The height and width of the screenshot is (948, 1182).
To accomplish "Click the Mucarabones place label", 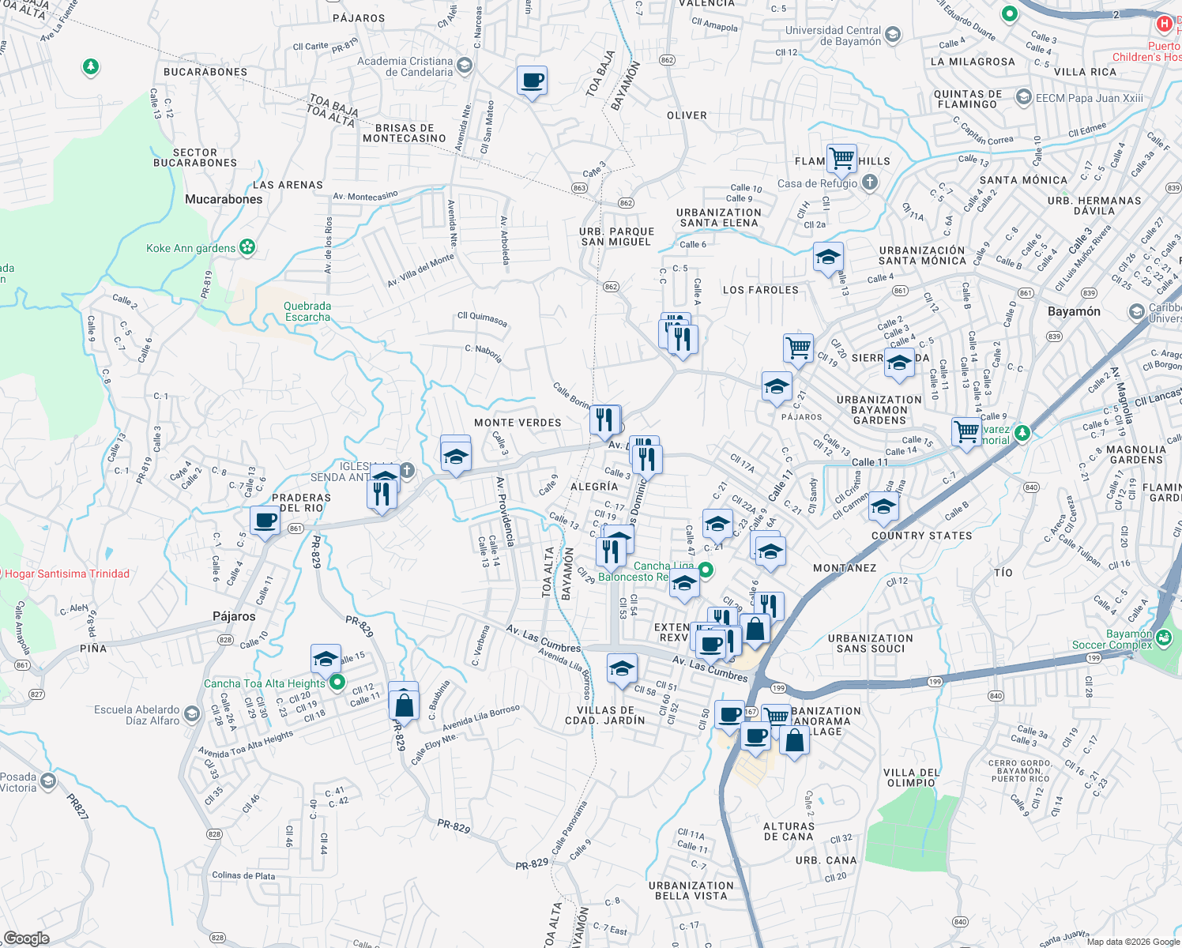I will [224, 199].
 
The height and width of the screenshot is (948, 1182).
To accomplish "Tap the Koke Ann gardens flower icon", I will [248, 247].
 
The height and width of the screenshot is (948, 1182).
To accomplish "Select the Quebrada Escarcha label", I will [307, 311].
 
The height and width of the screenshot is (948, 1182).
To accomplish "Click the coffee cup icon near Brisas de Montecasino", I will [532, 81].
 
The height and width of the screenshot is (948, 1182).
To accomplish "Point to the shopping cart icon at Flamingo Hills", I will [841, 158].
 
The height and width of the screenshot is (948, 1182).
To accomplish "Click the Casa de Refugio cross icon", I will [869, 183].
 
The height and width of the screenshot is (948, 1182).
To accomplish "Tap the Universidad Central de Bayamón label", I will [833, 36].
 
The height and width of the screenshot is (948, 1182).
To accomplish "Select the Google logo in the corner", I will [27, 938].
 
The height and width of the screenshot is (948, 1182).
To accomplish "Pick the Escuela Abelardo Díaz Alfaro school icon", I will [191, 715].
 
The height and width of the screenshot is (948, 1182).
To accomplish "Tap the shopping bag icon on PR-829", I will [403, 702].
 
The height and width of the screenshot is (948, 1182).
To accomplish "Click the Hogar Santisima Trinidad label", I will [67, 574].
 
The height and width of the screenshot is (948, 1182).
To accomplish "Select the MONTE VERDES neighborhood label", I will [518, 423].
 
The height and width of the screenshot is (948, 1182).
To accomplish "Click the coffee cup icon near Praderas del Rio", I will [265, 521].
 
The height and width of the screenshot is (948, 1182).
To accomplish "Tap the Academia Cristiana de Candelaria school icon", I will [465, 66].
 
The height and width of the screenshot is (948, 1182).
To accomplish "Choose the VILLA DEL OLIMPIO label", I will [911, 777].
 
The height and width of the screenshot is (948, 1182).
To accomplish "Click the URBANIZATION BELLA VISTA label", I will [691, 890].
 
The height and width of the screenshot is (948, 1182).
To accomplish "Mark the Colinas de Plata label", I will [243, 875].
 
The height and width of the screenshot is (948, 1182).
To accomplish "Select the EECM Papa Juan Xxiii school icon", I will [1024, 97].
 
